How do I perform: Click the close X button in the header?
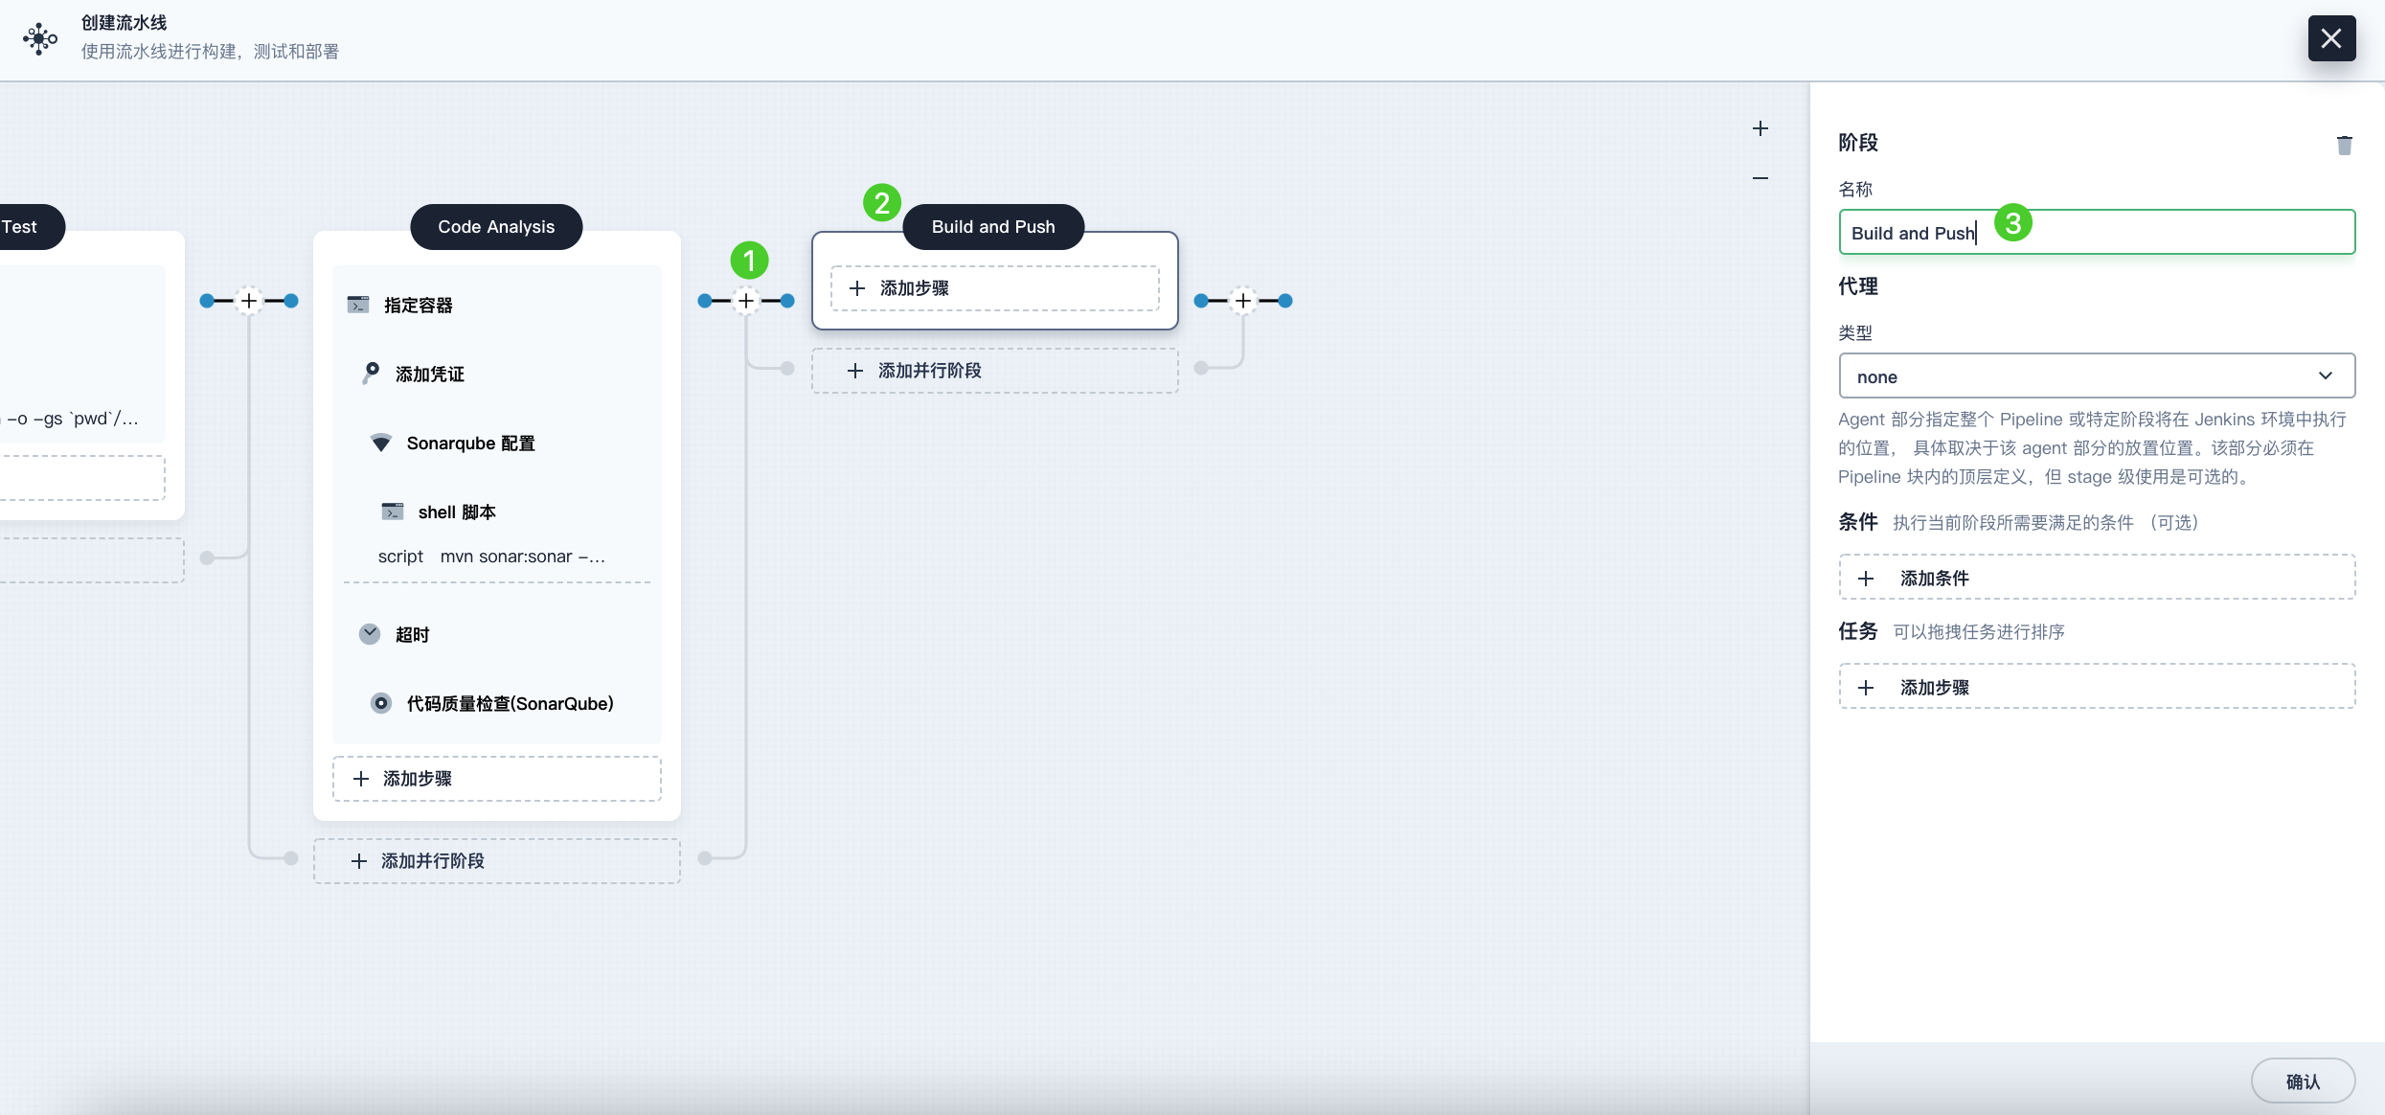pos(2331,38)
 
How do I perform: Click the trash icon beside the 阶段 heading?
pos(2344,145)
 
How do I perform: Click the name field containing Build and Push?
pos(2097,232)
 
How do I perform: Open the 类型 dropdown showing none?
pos(2097,375)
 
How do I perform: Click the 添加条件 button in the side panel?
pos(2097,578)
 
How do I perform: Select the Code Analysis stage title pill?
pos(496,227)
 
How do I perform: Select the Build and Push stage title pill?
pos(993,227)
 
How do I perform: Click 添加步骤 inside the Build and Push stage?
pos(994,288)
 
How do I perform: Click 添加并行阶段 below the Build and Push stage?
pos(994,371)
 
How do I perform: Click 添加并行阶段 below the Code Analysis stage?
pos(496,861)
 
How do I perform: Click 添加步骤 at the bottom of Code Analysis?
pos(496,779)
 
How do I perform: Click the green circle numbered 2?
pos(882,203)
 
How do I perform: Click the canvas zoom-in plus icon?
pos(1760,128)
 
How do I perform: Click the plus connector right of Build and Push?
pos(1243,301)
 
